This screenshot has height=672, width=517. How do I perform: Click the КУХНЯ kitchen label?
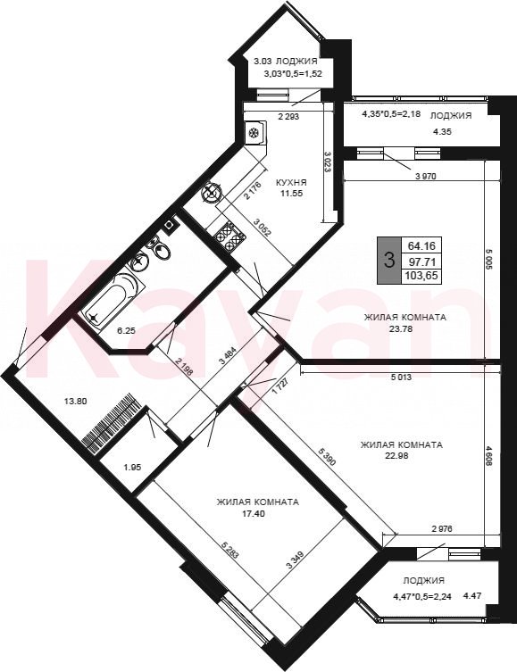[x=291, y=183]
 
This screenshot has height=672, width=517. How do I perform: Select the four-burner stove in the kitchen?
[x=229, y=236]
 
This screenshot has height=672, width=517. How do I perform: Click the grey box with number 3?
[x=388, y=260]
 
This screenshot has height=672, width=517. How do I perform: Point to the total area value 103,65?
[x=421, y=276]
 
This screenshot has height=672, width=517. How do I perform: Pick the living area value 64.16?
[x=421, y=245]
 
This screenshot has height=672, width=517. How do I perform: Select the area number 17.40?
[x=254, y=512]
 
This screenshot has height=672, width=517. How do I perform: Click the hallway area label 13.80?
[x=75, y=401]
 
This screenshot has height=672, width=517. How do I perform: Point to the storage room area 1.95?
[x=132, y=467]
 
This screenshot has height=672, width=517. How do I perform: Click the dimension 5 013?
[x=401, y=377]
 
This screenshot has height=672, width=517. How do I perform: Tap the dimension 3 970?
[x=425, y=176]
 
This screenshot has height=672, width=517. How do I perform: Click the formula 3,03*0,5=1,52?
[x=294, y=73]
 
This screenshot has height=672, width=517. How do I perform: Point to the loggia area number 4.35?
[x=441, y=132]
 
